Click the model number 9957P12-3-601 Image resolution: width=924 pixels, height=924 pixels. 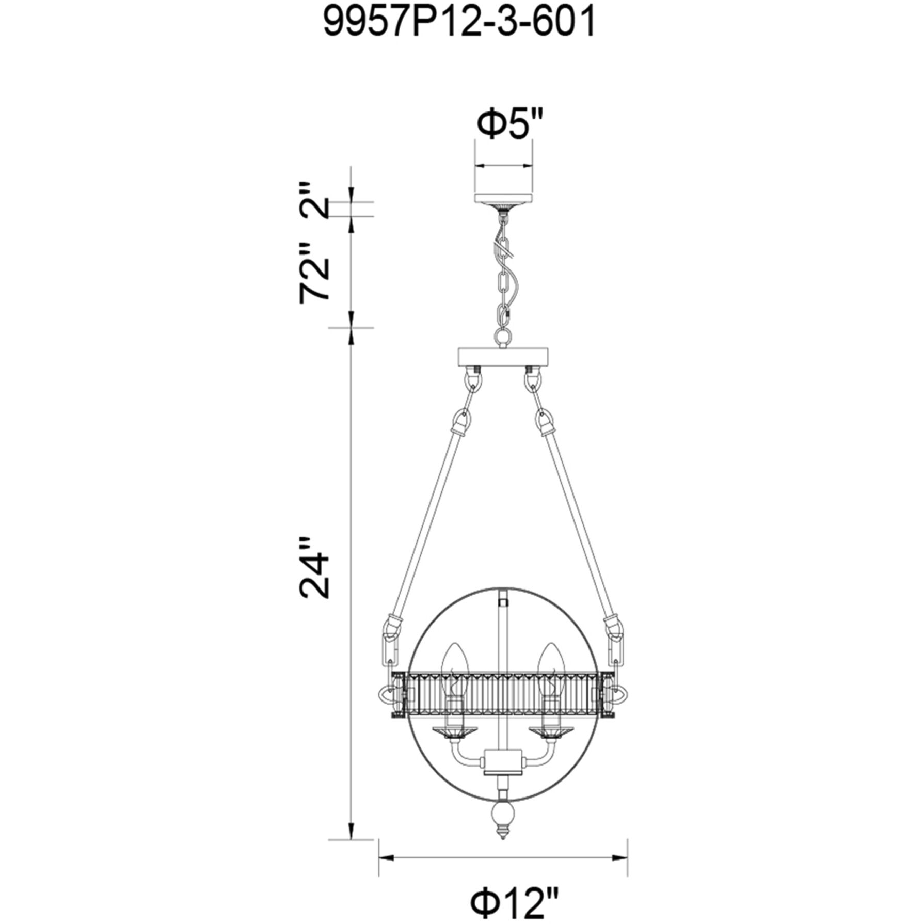click(x=459, y=23)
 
